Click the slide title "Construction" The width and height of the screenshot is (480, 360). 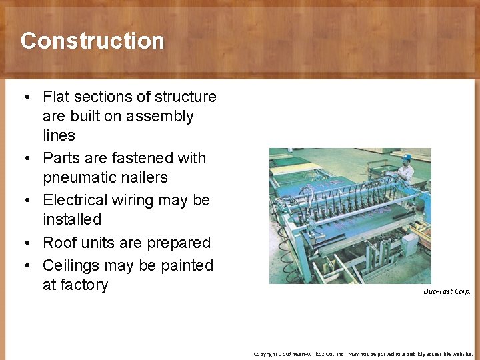[x=92, y=41]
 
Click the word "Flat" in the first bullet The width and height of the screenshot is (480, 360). [x=57, y=97]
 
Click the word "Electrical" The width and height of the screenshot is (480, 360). [x=77, y=200]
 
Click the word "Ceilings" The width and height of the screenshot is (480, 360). [x=73, y=265]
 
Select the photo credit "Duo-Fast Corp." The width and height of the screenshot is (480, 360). [x=447, y=291]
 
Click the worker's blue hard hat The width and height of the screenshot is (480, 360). [x=406, y=158]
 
